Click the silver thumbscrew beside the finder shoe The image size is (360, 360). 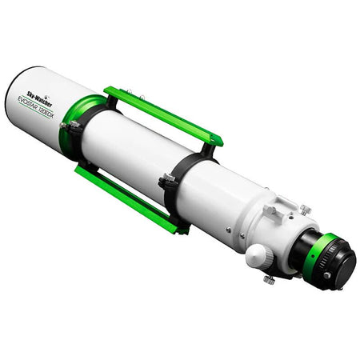click(x=305, y=210)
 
